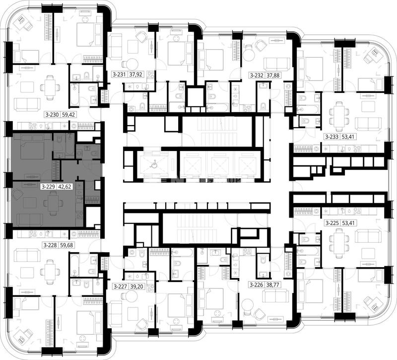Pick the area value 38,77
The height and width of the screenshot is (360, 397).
click(272, 285)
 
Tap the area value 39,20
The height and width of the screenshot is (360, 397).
click(136, 287)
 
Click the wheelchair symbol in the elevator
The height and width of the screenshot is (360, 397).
click(153, 165)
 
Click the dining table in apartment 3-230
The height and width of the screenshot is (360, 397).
click(51, 89)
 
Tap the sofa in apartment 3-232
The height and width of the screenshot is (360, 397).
click(277, 64)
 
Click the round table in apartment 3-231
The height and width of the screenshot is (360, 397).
click(132, 64)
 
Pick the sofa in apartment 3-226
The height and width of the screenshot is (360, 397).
click(276, 295)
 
